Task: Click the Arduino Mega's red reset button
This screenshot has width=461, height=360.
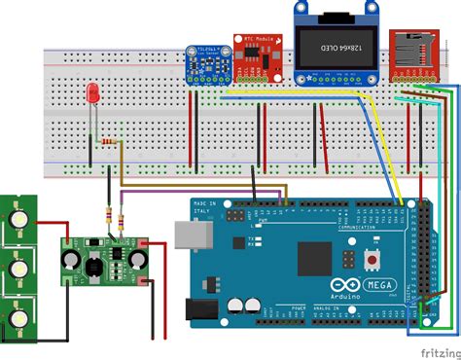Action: [x=371, y=260]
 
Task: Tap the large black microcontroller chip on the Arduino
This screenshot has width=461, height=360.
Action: [x=317, y=259]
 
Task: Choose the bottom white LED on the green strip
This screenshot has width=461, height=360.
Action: [x=18, y=318]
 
